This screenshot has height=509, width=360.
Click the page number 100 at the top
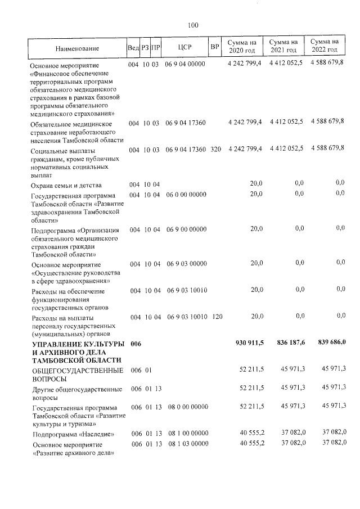pos(193,25)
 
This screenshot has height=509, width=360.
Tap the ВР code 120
pos(217,317)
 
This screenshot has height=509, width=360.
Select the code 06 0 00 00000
pos(187,195)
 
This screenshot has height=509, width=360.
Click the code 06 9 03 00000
pos(187,263)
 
